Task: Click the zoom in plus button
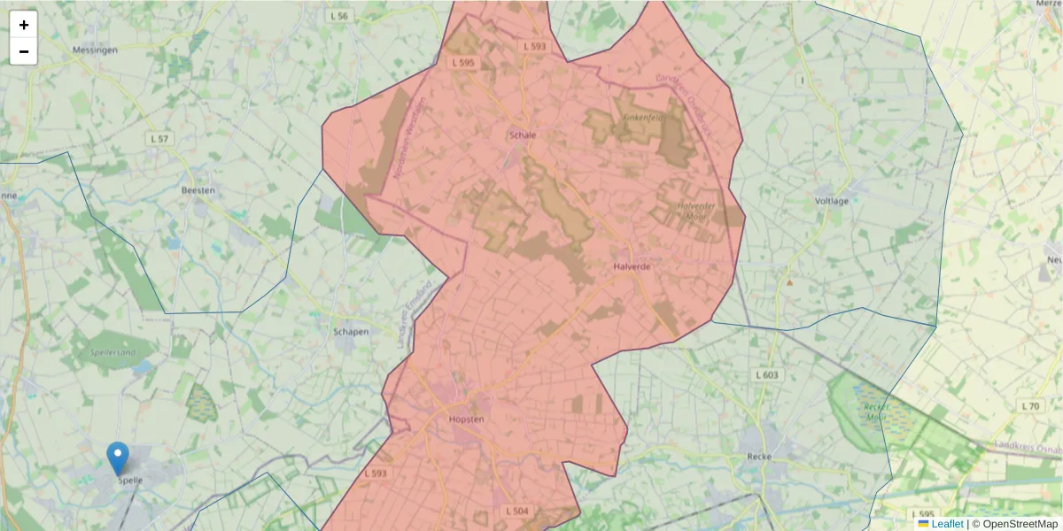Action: pos(24,25)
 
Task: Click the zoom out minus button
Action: pos(24,51)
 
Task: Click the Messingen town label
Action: pos(95,50)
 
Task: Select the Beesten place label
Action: pos(198,190)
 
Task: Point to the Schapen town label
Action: pos(351,332)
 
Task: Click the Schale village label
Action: pos(523,135)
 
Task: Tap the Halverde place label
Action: pos(632,265)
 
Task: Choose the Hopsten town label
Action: pos(466,419)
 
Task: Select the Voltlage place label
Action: pos(832,201)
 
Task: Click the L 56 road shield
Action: pos(338,16)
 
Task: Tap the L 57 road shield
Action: pos(159,139)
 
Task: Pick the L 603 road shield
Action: pos(767,375)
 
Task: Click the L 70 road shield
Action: pos(1030,406)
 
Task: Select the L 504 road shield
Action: pos(516,512)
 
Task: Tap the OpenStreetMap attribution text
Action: pos(1020,524)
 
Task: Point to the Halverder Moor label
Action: pos(695,210)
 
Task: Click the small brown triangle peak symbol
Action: pos(789,283)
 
